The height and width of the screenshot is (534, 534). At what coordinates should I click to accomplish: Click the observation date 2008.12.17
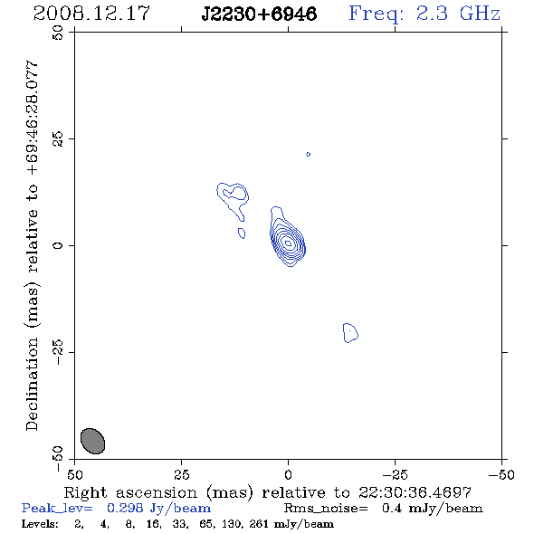coord(91,14)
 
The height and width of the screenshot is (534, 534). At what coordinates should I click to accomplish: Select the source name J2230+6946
coord(259,14)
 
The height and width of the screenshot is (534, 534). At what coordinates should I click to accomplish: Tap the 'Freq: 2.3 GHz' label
coord(424,14)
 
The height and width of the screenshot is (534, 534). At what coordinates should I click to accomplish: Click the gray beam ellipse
coord(92,441)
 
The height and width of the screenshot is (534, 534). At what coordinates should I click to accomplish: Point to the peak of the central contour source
coord(288,243)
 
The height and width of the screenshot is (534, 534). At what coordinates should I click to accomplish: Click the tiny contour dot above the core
coord(309,154)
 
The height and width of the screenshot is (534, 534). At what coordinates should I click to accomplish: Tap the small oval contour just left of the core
coord(242,234)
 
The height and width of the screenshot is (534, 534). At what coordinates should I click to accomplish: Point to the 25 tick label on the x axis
coord(181,475)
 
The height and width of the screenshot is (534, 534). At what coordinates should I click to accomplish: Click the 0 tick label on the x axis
coord(288,475)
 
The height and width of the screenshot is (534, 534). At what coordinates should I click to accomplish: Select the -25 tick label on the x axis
coord(395,475)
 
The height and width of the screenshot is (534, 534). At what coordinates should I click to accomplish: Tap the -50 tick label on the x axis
coord(501,475)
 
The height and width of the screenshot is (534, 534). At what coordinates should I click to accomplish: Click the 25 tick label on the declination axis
coord(58,138)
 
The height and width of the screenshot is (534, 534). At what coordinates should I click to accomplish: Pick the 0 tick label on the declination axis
coord(58,245)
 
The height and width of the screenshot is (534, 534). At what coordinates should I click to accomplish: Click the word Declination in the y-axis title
coord(32,384)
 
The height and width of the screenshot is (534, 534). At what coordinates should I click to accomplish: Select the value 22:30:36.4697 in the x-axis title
coord(415,492)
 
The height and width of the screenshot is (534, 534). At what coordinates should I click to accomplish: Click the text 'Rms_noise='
coord(326,509)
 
